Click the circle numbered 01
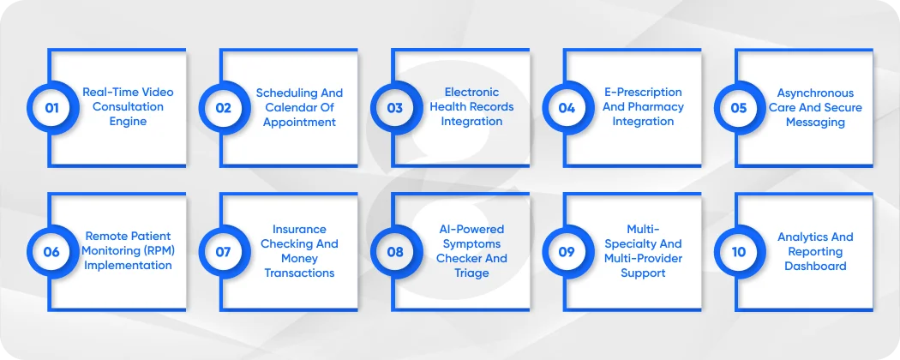pos(51,108)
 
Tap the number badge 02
pos(223,108)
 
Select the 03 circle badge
pos(394,108)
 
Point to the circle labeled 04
pos(567,108)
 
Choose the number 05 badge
pos(738,108)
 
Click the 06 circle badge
pos(51,252)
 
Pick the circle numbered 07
pos(223,252)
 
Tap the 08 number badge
pos(394,252)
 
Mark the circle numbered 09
pos(567,252)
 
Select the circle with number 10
pos(738,252)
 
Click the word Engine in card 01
pos(128,122)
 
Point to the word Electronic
pos(471,92)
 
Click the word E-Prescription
pos(643,92)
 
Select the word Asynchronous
pos(815,93)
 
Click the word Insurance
pos(299,229)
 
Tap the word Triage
pos(471,273)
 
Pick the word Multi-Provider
pos(643,258)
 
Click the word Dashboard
pos(815,266)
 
